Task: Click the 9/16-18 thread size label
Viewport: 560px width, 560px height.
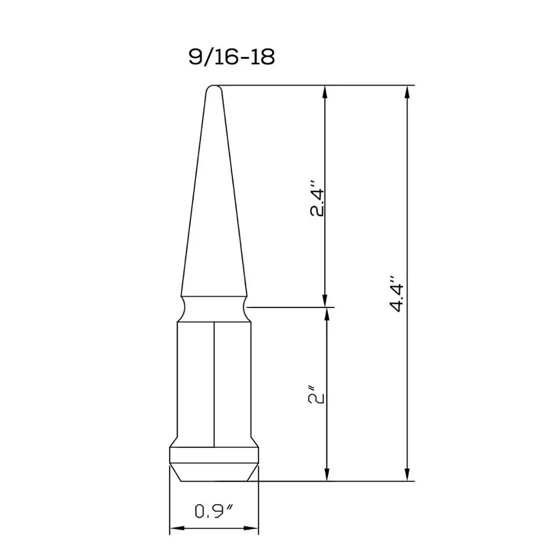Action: click(x=231, y=57)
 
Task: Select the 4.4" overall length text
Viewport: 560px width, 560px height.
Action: click(x=397, y=293)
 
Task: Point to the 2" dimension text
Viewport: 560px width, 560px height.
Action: click(x=316, y=394)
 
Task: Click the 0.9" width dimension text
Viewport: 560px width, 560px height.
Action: click(x=214, y=511)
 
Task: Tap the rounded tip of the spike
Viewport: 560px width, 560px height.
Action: click(x=214, y=88)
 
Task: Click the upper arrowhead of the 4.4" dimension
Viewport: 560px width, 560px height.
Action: click(x=407, y=92)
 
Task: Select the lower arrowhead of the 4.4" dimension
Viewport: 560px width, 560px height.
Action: click(x=407, y=474)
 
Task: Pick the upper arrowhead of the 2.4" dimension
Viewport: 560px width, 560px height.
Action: click(x=325, y=92)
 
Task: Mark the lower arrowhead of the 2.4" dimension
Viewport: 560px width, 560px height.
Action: click(x=325, y=300)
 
